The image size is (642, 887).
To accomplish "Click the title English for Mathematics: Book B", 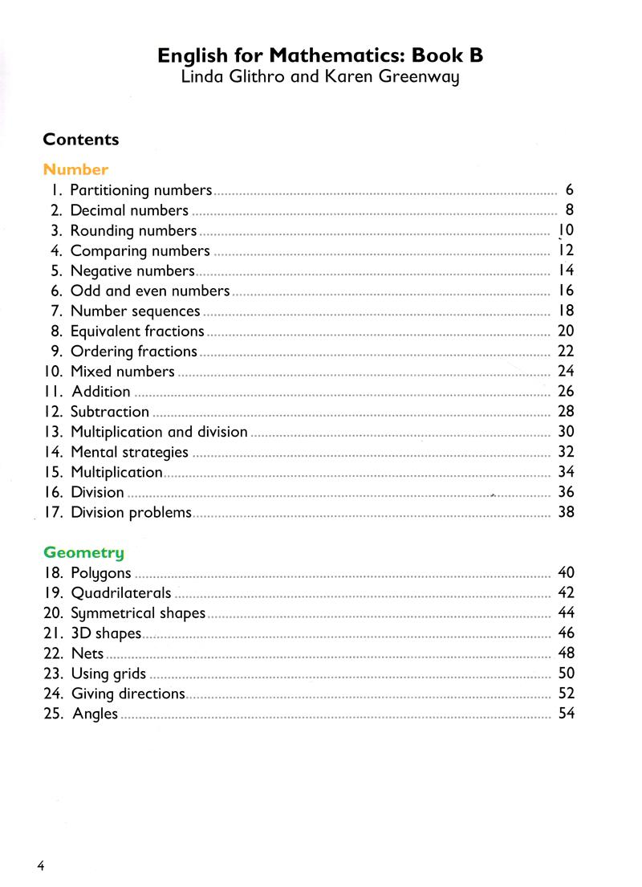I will [x=320, y=55].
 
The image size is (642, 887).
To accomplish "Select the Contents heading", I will [x=80, y=140].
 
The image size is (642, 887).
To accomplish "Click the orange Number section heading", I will [x=75, y=169].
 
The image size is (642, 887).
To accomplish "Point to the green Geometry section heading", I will [x=83, y=552].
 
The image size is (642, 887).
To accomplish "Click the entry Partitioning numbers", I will [x=140, y=190].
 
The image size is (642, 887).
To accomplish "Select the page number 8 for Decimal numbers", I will [x=569, y=210].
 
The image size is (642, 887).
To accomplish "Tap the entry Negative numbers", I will [x=132, y=271].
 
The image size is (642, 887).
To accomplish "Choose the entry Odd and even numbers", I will [x=150, y=291].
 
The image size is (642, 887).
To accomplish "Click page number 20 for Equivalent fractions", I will [x=566, y=331].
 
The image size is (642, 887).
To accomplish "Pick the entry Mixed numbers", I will [x=122, y=371].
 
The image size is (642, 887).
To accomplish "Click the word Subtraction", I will [x=110, y=412].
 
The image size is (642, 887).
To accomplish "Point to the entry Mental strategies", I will [x=129, y=452].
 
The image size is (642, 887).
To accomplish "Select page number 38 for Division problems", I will [x=566, y=512].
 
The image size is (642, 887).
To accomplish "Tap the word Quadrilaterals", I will [x=120, y=593].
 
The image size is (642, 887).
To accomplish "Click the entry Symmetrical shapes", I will [x=138, y=613].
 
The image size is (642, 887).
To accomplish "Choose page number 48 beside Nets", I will [x=566, y=653].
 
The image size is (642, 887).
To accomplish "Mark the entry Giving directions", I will [x=128, y=694].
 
